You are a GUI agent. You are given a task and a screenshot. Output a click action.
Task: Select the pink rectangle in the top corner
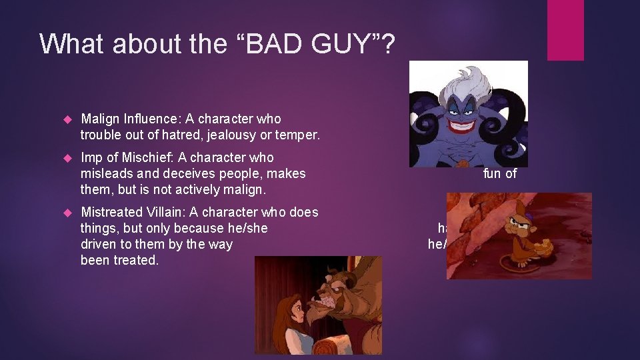tap(565, 30)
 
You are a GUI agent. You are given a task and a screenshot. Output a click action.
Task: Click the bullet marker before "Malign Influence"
tap(66, 120)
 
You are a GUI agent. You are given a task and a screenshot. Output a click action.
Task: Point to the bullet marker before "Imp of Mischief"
tap(66, 159)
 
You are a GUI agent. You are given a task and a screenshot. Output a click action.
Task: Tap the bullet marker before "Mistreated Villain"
tap(66, 213)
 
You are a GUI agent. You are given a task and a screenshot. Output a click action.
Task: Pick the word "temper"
tap(298, 135)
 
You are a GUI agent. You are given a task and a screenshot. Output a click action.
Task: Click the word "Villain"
tap(162, 213)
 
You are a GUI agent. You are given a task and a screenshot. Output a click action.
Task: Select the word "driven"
tap(99, 245)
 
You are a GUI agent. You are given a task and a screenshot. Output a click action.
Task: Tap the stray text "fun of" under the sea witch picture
tap(500, 174)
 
